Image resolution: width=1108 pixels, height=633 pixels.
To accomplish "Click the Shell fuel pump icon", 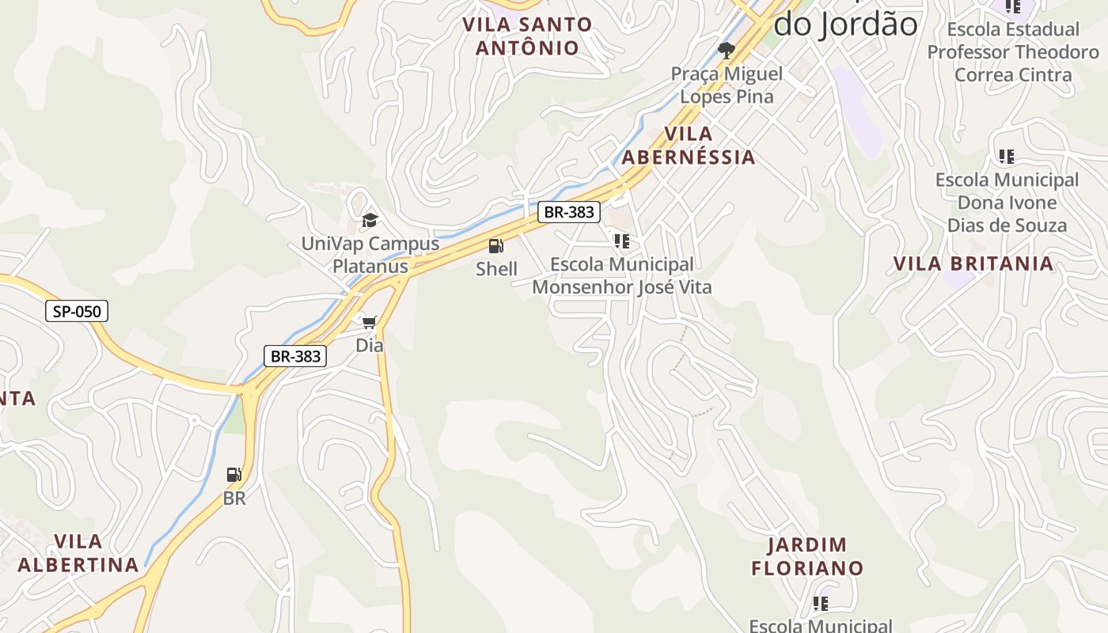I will pos(496,246).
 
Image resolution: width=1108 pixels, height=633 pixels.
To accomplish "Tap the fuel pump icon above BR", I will pos(234,475).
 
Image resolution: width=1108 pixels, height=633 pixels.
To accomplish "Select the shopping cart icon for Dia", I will pos(370,322).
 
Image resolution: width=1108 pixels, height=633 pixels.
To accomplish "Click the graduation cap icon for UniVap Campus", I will pos(370,220).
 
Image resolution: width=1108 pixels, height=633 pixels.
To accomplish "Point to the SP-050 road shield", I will pos(76,311).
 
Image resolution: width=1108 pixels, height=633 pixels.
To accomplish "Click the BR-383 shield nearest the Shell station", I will pos(569,212).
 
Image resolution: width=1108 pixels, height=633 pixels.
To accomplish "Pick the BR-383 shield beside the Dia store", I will pos(295,356).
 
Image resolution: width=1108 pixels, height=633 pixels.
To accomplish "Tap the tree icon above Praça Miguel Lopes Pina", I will pos(726,51).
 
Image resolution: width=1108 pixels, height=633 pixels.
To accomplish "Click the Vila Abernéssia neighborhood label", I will pos(688,145).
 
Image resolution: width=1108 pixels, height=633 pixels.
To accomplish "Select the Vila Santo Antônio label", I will pos(527,36).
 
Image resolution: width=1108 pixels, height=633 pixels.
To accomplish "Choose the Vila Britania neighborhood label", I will pos(973,263).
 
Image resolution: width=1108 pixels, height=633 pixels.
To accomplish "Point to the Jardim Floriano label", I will pos(807,556).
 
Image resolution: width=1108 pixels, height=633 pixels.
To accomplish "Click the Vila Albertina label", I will pos(78,553).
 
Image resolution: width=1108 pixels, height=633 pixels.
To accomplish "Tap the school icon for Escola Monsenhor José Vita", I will pos(622,241).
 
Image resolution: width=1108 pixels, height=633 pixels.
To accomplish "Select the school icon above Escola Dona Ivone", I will pos(1006,156).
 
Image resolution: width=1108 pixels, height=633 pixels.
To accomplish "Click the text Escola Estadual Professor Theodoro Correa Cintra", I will pos(1013,52).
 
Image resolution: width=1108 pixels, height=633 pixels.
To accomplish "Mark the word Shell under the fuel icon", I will pos(496,269).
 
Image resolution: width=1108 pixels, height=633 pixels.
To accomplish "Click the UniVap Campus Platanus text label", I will pos(370,255).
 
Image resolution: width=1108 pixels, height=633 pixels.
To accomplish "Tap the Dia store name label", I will pos(370,345).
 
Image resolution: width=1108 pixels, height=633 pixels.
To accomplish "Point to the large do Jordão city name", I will pos(845,24).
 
